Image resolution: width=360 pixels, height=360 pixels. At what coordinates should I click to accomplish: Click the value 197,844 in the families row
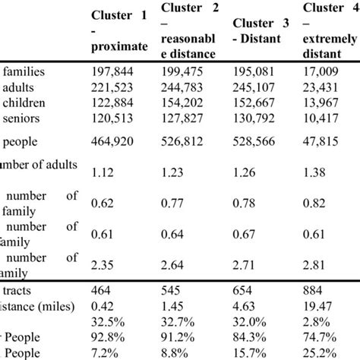(x=112, y=72)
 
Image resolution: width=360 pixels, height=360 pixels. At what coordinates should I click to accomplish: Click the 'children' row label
(x=27, y=103)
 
